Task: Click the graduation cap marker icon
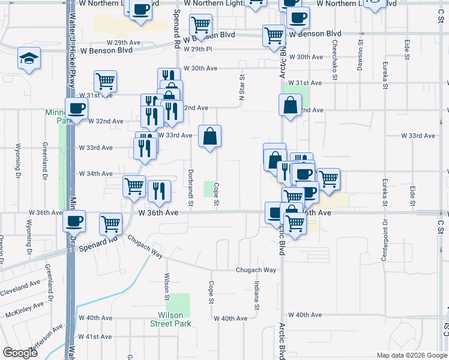29,58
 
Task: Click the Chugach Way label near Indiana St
256,270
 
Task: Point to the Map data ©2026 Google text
411,355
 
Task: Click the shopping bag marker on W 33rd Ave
210,137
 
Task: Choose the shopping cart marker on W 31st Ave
105,81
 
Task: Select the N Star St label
243,88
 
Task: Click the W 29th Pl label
199,49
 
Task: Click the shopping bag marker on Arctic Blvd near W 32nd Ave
290,105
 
